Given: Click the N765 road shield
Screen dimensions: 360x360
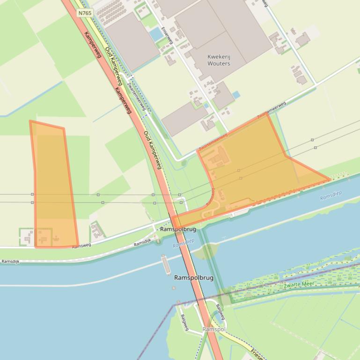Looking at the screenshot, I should click(85, 13).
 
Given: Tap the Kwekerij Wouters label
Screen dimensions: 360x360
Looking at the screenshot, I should click(219, 60).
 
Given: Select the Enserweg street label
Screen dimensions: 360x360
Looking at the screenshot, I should click(167, 35).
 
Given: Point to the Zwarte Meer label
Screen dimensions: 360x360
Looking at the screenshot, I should click(299, 284).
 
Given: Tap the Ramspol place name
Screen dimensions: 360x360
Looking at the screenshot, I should click(214, 330).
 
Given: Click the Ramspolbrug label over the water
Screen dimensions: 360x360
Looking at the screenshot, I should click(193, 278).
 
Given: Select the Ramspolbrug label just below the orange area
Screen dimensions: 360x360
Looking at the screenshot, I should click(178, 230).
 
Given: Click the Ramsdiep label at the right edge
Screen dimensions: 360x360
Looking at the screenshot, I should click(331, 195).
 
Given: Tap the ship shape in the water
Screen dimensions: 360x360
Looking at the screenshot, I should click(166, 264).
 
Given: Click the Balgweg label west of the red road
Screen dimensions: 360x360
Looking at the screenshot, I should click(184, 322).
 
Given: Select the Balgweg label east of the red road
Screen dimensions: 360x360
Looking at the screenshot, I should click(220, 312).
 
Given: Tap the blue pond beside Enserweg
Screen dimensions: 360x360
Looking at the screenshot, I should click(155, 34).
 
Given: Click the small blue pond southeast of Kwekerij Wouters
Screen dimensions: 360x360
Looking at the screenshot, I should click(236, 95).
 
